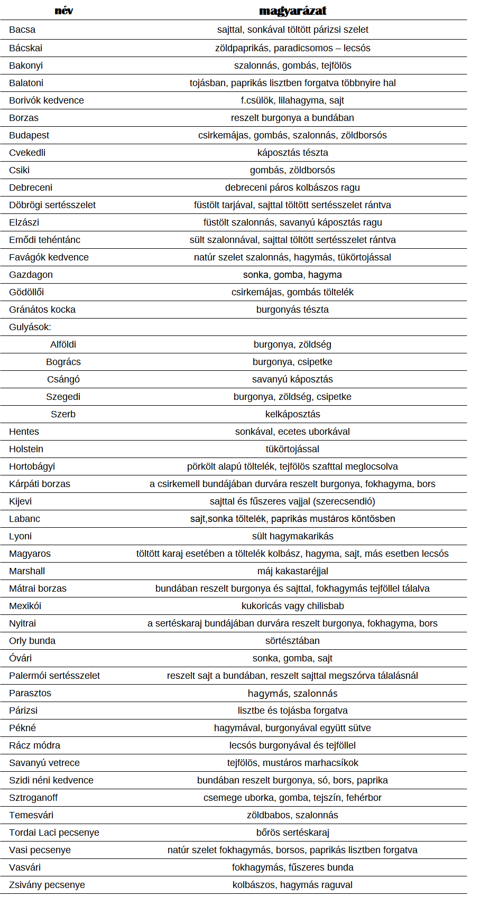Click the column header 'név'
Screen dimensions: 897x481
click(64, 11)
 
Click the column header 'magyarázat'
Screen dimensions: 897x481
click(293, 11)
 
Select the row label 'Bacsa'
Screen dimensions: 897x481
click(22, 30)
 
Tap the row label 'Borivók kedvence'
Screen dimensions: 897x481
click(47, 100)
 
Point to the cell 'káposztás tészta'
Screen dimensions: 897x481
click(293, 153)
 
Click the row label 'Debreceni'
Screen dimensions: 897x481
click(31, 188)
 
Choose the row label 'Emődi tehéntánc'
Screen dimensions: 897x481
click(45, 240)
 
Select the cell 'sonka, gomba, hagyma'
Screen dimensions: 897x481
click(292, 275)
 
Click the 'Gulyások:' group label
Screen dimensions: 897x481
click(30, 327)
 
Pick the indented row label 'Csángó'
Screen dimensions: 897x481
click(63, 379)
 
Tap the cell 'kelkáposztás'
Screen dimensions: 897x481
click(293, 414)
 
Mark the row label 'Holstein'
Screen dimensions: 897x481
click(26, 449)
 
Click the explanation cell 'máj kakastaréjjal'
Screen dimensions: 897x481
click(293, 571)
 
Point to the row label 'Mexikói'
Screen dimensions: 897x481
click(25, 606)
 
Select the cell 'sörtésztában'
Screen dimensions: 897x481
click(292, 641)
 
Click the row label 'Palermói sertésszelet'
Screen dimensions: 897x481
click(54, 676)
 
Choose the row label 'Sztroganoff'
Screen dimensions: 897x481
click(33, 798)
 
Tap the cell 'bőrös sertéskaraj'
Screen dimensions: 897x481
click(293, 833)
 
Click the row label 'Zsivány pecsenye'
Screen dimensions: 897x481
click(47, 885)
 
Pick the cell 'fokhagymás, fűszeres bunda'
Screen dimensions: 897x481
click(293, 867)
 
